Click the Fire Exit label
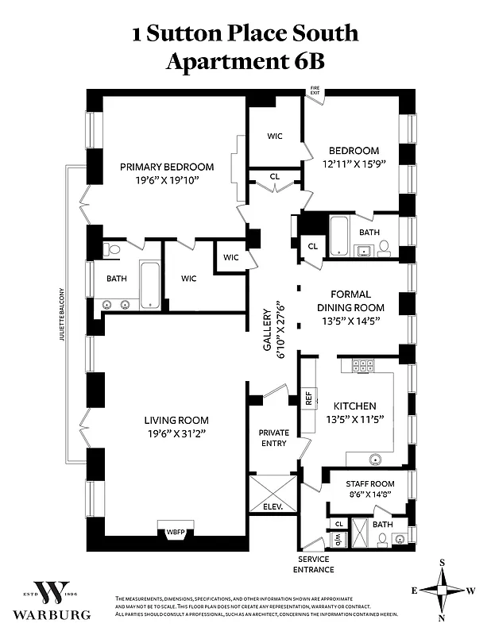(x=315, y=91)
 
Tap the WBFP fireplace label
(x=174, y=533)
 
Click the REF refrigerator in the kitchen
(x=308, y=398)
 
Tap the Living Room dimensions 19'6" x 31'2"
(x=176, y=433)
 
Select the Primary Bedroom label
(x=167, y=167)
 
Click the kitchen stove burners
(x=362, y=366)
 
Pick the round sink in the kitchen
(x=374, y=459)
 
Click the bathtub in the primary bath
(x=150, y=283)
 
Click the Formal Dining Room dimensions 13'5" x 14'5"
(x=350, y=321)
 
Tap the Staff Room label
(x=370, y=483)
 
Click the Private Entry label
(x=273, y=437)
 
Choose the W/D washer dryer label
(x=338, y=540)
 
